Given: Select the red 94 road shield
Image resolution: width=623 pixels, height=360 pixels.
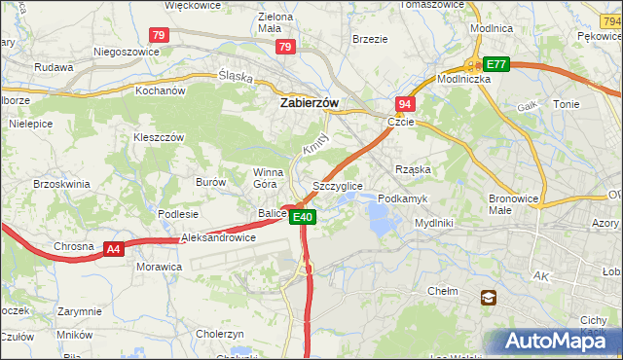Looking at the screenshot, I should (405, 103).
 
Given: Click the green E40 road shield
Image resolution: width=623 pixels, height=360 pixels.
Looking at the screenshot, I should (303, 217).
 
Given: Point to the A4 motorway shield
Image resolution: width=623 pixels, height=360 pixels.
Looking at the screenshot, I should (115, 250).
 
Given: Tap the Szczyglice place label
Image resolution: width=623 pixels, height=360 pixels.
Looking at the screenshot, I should (338, 185).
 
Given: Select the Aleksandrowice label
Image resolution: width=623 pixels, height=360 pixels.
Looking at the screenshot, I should (218, 237).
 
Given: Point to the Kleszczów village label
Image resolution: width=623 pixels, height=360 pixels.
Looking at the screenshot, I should (159, 138).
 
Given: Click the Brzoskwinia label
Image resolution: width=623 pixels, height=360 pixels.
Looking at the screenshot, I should (61, 183).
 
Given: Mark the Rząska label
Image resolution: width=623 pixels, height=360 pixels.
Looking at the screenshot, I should (413, 169).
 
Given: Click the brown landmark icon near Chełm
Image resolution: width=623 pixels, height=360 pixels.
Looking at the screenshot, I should (487, 299).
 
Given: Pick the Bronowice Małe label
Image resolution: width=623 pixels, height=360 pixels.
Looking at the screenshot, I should (514, 203).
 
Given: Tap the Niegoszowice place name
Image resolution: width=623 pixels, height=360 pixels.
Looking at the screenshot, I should (126, 51).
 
